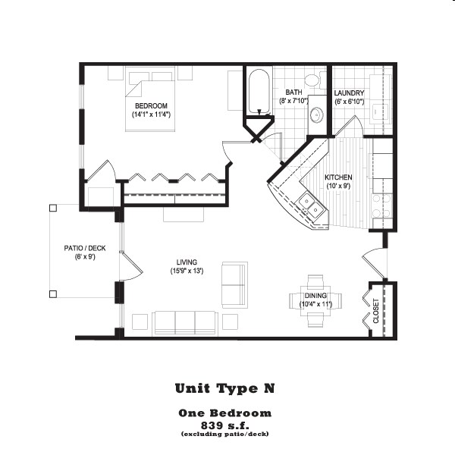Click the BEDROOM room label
pos(151,105)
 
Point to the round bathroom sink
pos(316,115)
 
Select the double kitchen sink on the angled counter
pos(308,202)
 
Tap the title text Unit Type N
pos(225,389)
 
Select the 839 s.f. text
pos(225,424)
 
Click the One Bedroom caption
pos(225,413)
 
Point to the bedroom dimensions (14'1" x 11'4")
pos(151,115)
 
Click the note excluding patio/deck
pos(225,434)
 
